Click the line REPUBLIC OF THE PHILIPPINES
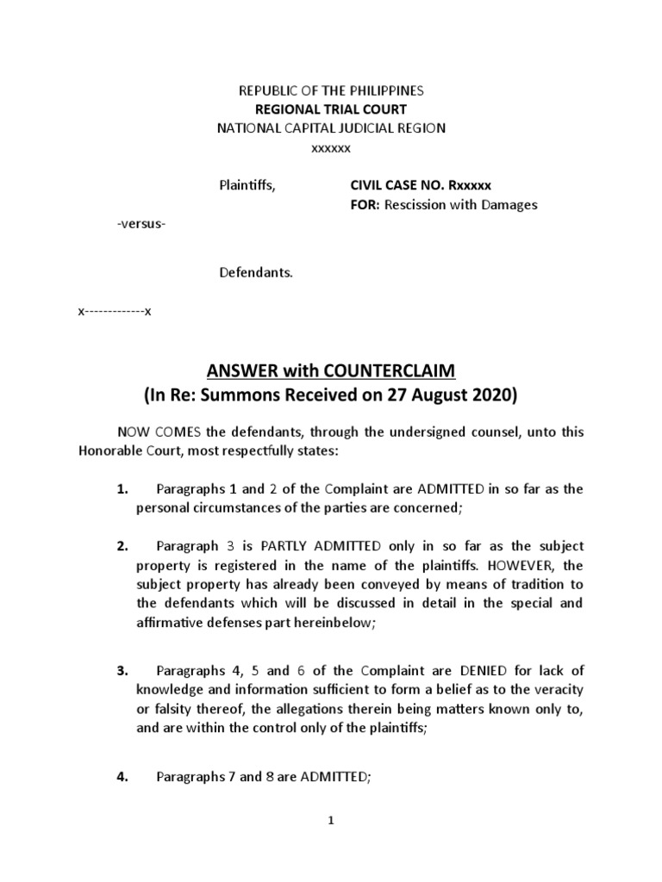tap(331, 90)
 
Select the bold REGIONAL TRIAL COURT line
tap(331, 109)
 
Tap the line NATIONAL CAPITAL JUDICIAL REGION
tap(331, 128)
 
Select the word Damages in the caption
tap(507, 204)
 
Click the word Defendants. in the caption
tap(255, 273)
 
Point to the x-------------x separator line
tap(115, 311)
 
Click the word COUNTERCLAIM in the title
tap(393, 370)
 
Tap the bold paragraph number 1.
tap(122, 489)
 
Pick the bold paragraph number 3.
tap(122, 669)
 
